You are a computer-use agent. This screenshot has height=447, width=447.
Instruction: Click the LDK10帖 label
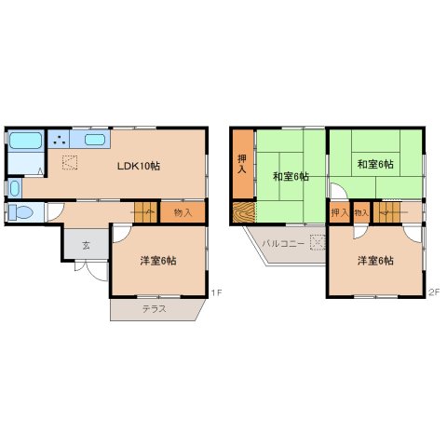(x=138, y=166)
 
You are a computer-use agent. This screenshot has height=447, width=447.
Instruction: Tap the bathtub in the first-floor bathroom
(x=24, y=142)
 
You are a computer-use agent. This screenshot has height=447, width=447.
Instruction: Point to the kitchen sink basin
(x=95, y=141)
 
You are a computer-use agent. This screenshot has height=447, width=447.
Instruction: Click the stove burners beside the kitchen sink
(x=60, y=141)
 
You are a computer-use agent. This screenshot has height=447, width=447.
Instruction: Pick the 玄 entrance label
(x=86, y=245)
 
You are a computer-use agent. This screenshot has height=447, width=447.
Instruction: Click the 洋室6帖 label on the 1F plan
(x=158, y=261)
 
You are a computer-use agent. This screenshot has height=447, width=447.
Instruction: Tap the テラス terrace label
(x=155, y=308)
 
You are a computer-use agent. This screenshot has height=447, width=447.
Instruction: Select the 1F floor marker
(x=215, y=293)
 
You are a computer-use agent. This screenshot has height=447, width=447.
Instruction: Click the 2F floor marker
(x=433, y=293)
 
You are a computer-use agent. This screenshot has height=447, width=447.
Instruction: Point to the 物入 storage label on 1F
(x=183, y=213)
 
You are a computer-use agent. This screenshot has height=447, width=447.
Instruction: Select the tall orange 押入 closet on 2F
(x=242, y=165)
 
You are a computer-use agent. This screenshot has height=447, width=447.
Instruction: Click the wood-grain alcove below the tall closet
(x=242, y=212)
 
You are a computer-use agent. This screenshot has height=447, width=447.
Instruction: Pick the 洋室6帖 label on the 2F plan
(x=374, y=261)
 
